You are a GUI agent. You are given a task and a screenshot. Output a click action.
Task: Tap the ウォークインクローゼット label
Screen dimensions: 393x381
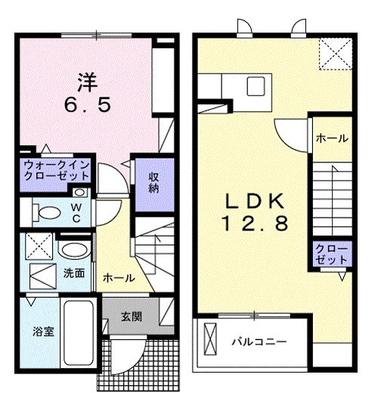(57, 169)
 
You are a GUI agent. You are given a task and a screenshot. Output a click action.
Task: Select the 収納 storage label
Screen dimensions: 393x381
(154, 182)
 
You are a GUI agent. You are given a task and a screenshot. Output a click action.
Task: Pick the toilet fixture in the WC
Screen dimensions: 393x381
(48, 210)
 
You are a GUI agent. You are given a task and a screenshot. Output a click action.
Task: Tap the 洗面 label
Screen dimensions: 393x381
(73, 271)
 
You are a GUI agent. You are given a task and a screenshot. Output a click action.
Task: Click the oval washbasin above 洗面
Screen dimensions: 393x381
(73, 250)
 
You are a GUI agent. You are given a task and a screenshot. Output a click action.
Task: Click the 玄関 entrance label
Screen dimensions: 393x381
(132, 317)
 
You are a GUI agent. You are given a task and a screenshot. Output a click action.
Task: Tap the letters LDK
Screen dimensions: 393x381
(252, 201)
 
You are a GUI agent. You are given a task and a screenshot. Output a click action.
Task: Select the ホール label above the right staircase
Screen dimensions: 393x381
(331, 138)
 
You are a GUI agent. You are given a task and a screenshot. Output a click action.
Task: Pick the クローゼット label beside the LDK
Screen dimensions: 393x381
(331, 254)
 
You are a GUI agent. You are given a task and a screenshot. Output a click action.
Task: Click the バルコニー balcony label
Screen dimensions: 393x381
(259, 342)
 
